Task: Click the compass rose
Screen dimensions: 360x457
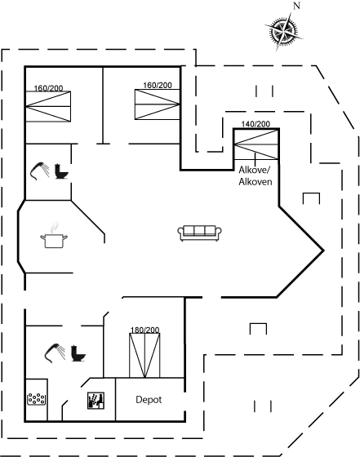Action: (283, 31)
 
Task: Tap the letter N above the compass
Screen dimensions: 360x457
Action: (296, 6)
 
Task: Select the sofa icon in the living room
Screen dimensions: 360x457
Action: (200, 233)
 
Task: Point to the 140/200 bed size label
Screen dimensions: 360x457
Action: (256, 124)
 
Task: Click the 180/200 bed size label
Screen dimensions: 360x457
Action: (144, 330)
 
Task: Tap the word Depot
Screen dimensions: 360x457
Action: (149, 400)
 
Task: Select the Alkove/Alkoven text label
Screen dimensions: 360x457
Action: (256, 175)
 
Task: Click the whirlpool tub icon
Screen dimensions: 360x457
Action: (36, 399)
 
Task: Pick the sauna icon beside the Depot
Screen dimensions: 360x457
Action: (96, 401)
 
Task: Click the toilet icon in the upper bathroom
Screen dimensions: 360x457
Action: (61, 171)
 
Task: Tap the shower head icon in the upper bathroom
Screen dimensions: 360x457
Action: (40, 171)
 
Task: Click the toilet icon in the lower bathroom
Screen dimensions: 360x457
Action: (78, 353)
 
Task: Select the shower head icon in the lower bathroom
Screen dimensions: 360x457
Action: (55, 353)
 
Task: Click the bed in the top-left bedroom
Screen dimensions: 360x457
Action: (48, 106)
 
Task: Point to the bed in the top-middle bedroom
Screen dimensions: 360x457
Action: (157, 104)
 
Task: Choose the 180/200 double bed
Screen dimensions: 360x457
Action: (144, 355)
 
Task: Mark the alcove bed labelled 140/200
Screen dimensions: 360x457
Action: (256, 144)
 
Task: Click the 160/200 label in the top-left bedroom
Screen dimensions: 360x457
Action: (48, 88)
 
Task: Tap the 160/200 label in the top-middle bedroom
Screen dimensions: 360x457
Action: (158, 86)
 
